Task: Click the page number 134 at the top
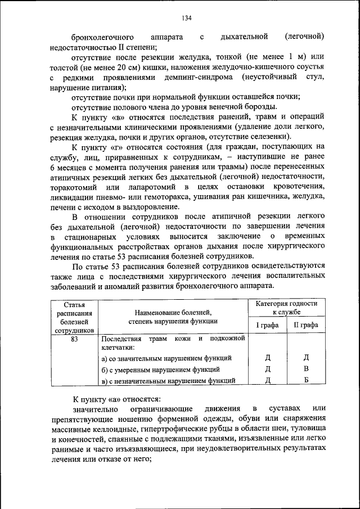click(x=187, y=18)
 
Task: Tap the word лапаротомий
click(x=146, y=186)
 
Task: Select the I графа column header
click(x=267, y=325)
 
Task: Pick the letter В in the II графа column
click(x=306, y=369)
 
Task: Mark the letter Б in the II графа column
click(x=306, y=381)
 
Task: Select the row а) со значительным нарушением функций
click(x=166, y=358)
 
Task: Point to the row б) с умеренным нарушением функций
click(x=160, y=369)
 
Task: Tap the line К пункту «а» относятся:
click(x=109, y=398)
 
